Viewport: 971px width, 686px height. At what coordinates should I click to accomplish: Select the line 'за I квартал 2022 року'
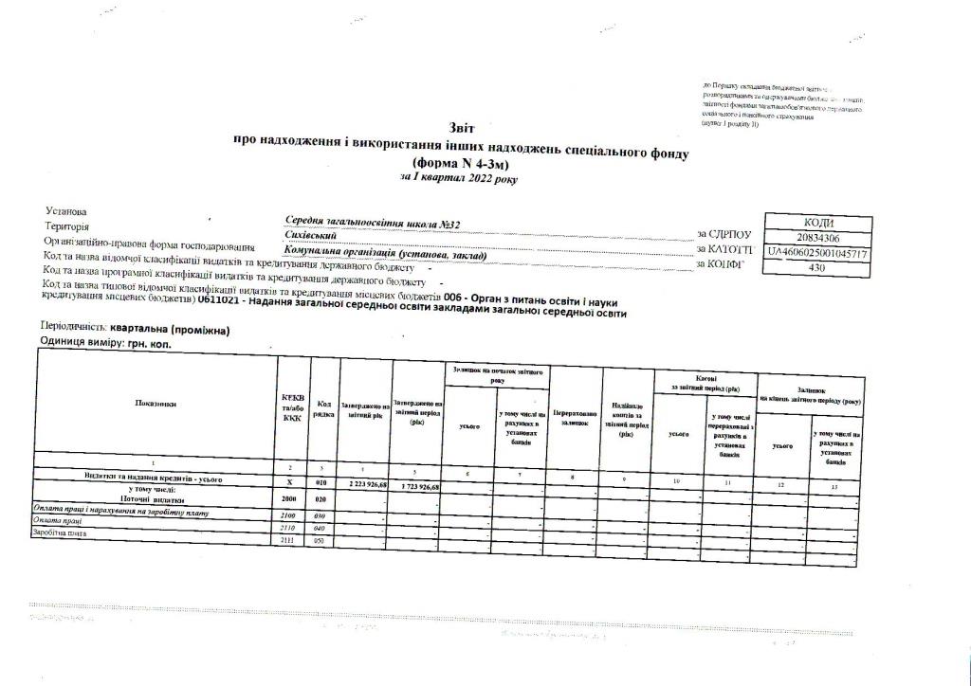click(x=459, y=177)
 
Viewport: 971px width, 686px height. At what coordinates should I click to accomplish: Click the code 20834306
click(x=816, y=237)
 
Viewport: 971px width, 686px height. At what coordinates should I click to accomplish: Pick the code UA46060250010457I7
click(x=816, y=253)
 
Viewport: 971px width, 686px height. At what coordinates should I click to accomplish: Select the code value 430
click(x=816, y=268)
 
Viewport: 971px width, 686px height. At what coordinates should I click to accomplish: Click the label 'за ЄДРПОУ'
click(x=724, y=234)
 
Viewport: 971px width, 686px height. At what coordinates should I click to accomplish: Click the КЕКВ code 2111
click(x=290, y=539)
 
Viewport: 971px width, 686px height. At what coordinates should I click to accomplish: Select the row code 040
click(x=321, y=527)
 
